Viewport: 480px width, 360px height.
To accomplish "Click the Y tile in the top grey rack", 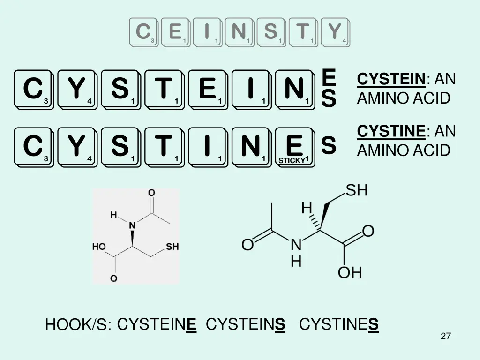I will click(x=335, y=32).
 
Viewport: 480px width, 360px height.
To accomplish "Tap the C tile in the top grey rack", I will click(x=143, y=32).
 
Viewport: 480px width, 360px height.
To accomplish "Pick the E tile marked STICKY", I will click(x=294, y=147).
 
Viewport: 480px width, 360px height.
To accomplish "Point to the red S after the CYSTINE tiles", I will click(x=329, y=146).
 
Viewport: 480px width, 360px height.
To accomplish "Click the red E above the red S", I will click(x=329, y=76).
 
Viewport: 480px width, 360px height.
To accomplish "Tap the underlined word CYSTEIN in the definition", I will click(x=391, y=79).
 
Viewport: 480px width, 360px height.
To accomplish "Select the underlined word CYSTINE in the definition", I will click(x=391, y=131).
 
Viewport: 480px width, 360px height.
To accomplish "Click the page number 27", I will click(x=446, y=336).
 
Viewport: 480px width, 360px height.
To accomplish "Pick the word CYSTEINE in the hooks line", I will click(x=157, y=324).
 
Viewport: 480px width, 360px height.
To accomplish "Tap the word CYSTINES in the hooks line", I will click(x=338, y=324).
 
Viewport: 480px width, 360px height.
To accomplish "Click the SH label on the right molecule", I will click(x=357, y=191).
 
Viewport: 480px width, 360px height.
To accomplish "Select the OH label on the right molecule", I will click(x=350, y=272).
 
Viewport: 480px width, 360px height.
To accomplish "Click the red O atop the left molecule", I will click(x=151, y=193).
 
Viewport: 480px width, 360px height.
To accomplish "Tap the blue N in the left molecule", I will click(x=132, y=225).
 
